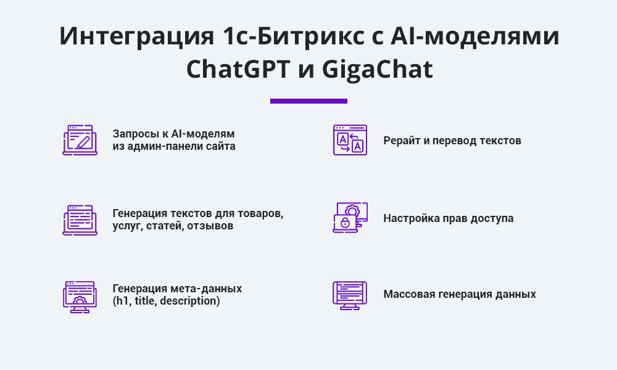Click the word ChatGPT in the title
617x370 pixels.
(x=238, y=69)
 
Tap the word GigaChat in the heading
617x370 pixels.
(x=378, y=69)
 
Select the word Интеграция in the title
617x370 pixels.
(x=136, y=36)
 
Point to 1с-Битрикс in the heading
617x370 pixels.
(x=293, y=36)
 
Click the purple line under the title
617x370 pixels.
(x=308, y=101)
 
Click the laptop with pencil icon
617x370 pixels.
(x=80, y=140)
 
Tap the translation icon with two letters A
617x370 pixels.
(x=350, y=140)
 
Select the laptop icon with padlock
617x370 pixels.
(x=350, y=218)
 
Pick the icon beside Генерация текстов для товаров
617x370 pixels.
(x=80, y=220)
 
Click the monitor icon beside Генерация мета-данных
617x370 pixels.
(x=80, y=297)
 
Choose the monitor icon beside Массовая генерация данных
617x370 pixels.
(x=350, y=295)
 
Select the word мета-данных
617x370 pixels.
(x=206, y=289)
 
